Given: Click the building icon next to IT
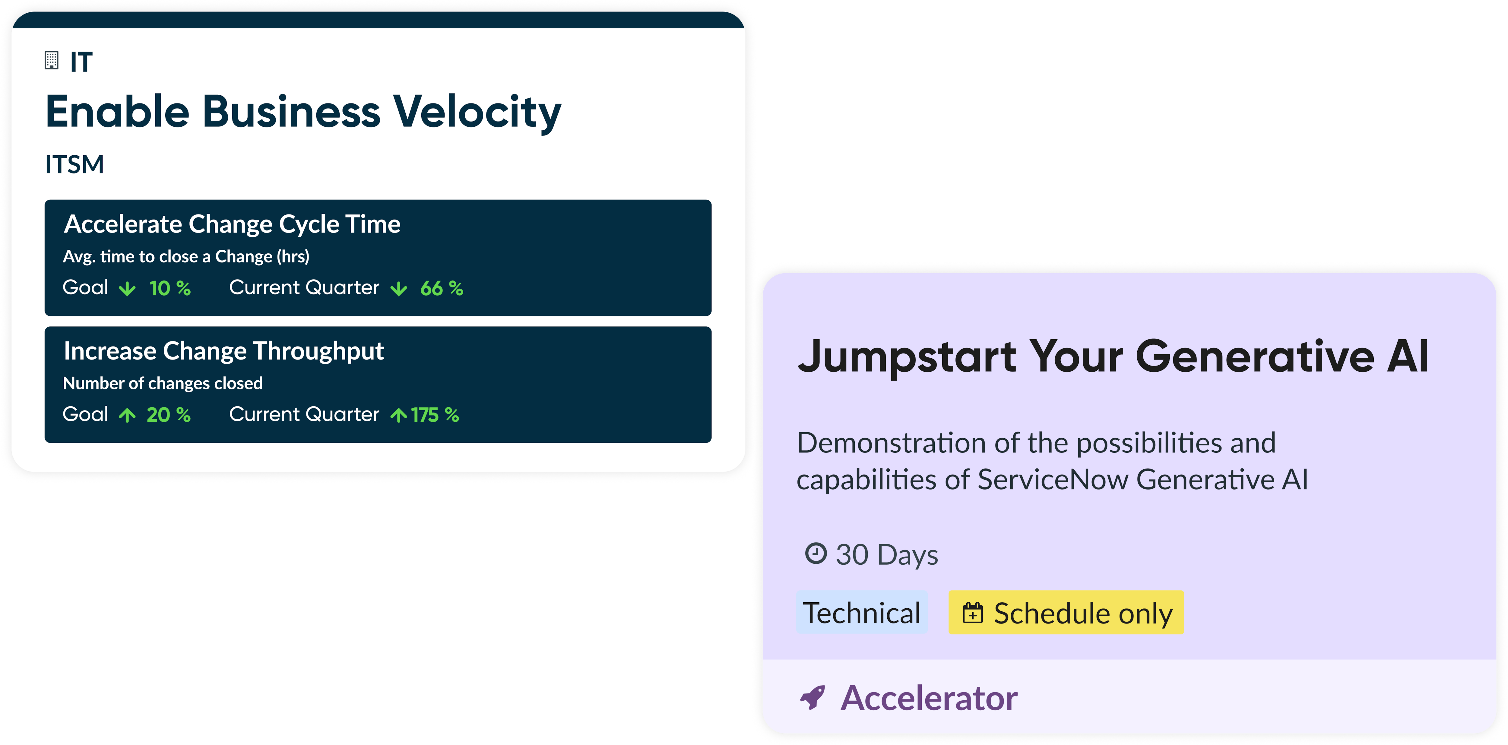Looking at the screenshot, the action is coord(52,60).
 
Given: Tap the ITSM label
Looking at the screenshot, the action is coord(74,164).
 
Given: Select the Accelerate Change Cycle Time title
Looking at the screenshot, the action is coord(232,224).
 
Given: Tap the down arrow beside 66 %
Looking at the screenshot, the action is coord(399,289).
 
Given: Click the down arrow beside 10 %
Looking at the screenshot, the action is coord(127,289).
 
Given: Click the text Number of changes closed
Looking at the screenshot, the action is coord(163,383).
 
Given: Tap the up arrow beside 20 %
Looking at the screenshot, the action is coord(127,415).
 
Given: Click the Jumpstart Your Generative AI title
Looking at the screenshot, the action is coord(1114,357).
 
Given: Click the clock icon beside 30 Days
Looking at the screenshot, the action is coord(816,553).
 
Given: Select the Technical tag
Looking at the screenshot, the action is coord(862,613).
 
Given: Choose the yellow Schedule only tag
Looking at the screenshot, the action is coord(1066,613).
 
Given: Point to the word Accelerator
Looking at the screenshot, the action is coord(929,698).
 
